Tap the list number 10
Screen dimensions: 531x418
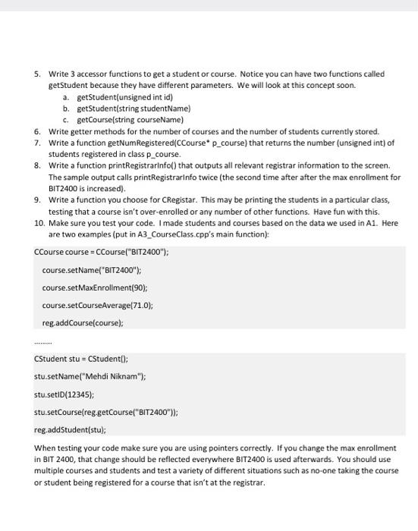39,222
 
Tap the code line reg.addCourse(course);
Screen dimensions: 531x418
83,322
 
